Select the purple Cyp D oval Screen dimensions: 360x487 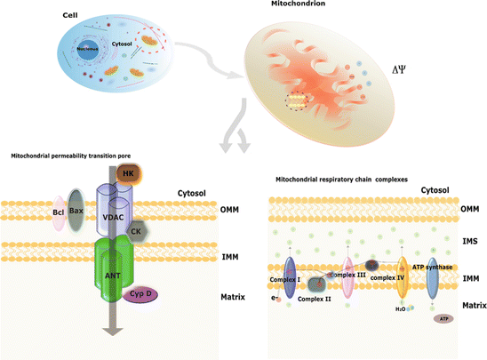point(141,294)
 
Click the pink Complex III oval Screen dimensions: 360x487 point(348,276)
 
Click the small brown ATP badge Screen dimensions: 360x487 point(442,317)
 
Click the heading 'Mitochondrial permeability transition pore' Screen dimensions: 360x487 point(67,156)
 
